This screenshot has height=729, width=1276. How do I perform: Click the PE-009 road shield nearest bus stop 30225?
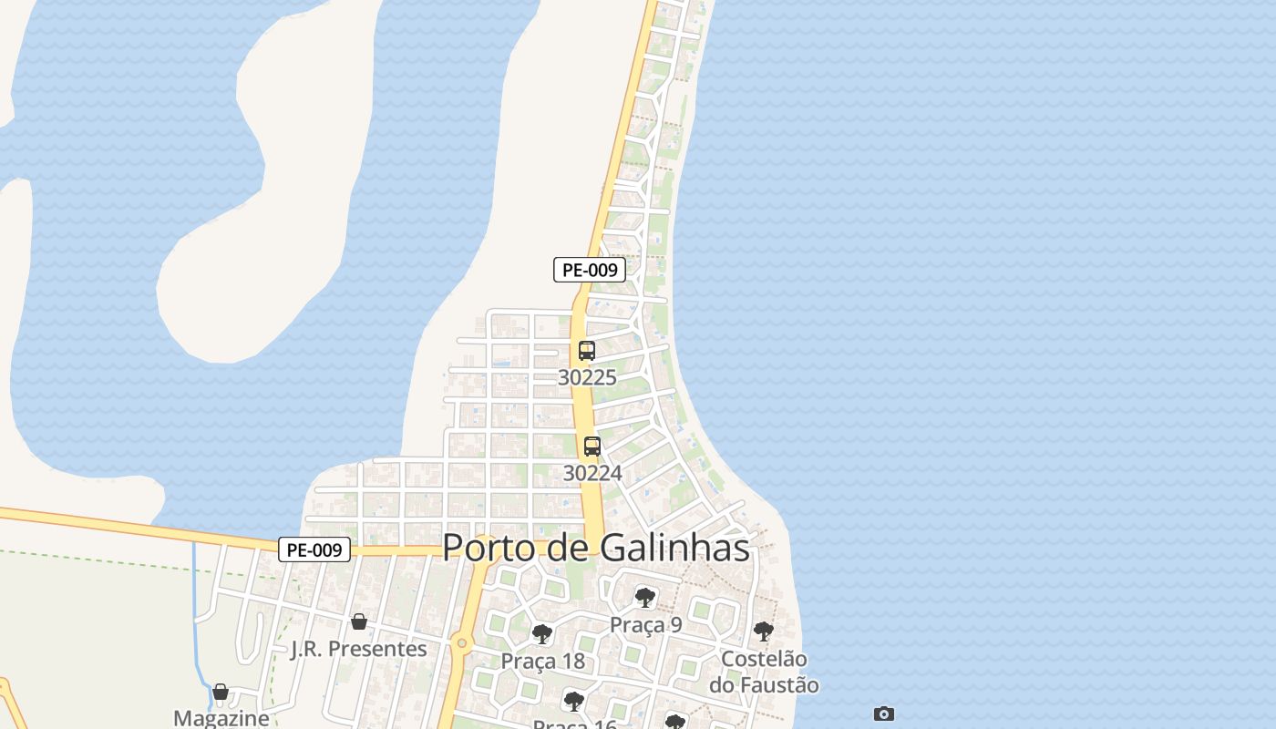click(x=589, y=270)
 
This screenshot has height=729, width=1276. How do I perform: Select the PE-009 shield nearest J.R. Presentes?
click(x=314, y=549)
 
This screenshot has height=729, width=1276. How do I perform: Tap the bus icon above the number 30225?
click(x=587, y=351)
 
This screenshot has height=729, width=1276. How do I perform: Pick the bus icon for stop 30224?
click(x=592, y=447)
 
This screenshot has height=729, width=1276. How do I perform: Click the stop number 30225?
click(x=587, y=377)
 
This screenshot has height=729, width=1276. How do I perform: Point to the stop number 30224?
click(x=592, y=473)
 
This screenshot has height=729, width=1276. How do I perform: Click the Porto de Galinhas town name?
click(x=596, y=548)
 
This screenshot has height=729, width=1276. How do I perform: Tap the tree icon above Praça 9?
click(x=645, y=598)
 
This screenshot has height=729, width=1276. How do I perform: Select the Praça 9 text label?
click(x=645, y=624)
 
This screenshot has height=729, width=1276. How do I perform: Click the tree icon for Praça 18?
click(x=542, y=634)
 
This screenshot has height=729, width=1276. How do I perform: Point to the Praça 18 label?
click(x=542, y=661)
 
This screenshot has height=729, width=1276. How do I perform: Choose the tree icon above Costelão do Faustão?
click(x=764, y=631)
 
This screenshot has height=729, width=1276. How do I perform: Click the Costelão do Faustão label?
click(x=769, y=672)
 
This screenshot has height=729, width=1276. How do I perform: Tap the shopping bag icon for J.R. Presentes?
click(x=359, y=621)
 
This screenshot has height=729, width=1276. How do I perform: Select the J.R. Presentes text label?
click(x=358, y=649)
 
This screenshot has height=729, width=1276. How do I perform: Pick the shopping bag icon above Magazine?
click(x=221, y=692)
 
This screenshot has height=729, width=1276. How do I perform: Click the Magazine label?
click(x=221, y=718)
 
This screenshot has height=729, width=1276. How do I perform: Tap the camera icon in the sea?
click(x=883, y=714)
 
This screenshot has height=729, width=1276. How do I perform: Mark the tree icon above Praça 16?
click(x=573, y=701)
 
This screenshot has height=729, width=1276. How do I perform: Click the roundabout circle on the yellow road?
click(x=462, y=644)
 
